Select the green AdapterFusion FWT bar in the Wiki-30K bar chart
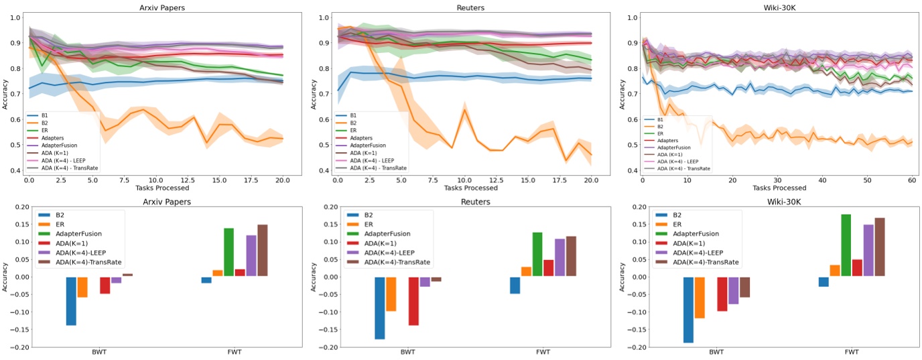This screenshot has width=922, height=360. coord(826,245)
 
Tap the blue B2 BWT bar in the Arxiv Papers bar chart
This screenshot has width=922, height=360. coord(71,301)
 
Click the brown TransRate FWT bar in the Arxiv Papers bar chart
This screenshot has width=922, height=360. coord(262,250)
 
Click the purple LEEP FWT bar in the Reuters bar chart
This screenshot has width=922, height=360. coord(559,257)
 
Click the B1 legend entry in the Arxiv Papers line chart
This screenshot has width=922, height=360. coord(44,115)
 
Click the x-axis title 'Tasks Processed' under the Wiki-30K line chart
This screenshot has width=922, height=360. coord(778,188)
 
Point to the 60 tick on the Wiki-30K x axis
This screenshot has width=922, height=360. coord(912,180)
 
